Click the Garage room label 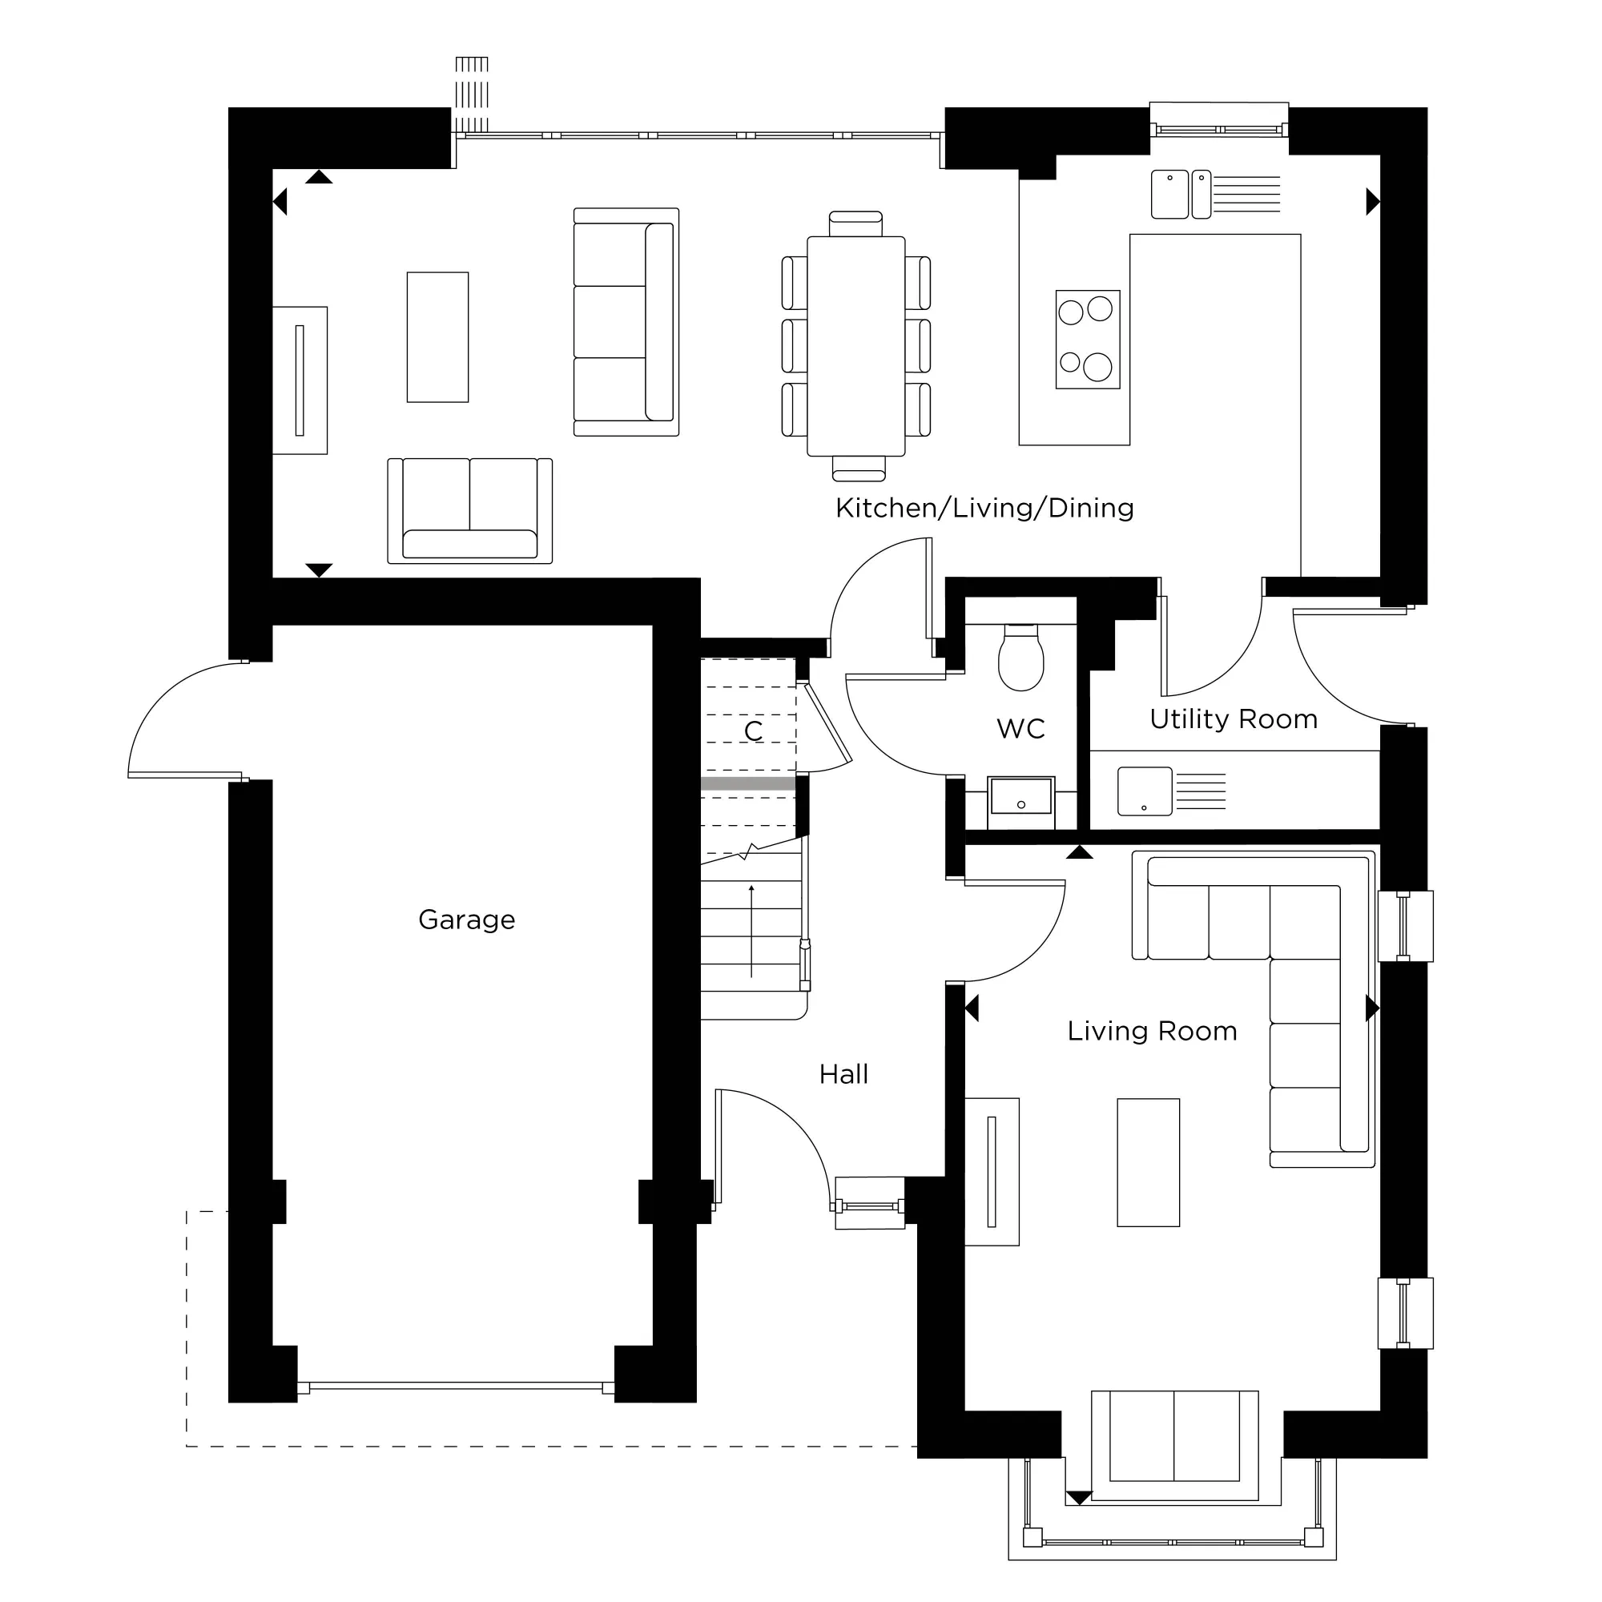467,920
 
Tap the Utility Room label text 1233,719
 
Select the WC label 1020,729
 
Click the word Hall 843,1074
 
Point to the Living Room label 1152,1031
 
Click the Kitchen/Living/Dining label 984,508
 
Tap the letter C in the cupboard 753,731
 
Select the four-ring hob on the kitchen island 1087,339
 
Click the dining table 855,346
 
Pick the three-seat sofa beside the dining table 626,322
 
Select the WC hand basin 1020,797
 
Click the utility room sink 1145,791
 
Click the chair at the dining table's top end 855,223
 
